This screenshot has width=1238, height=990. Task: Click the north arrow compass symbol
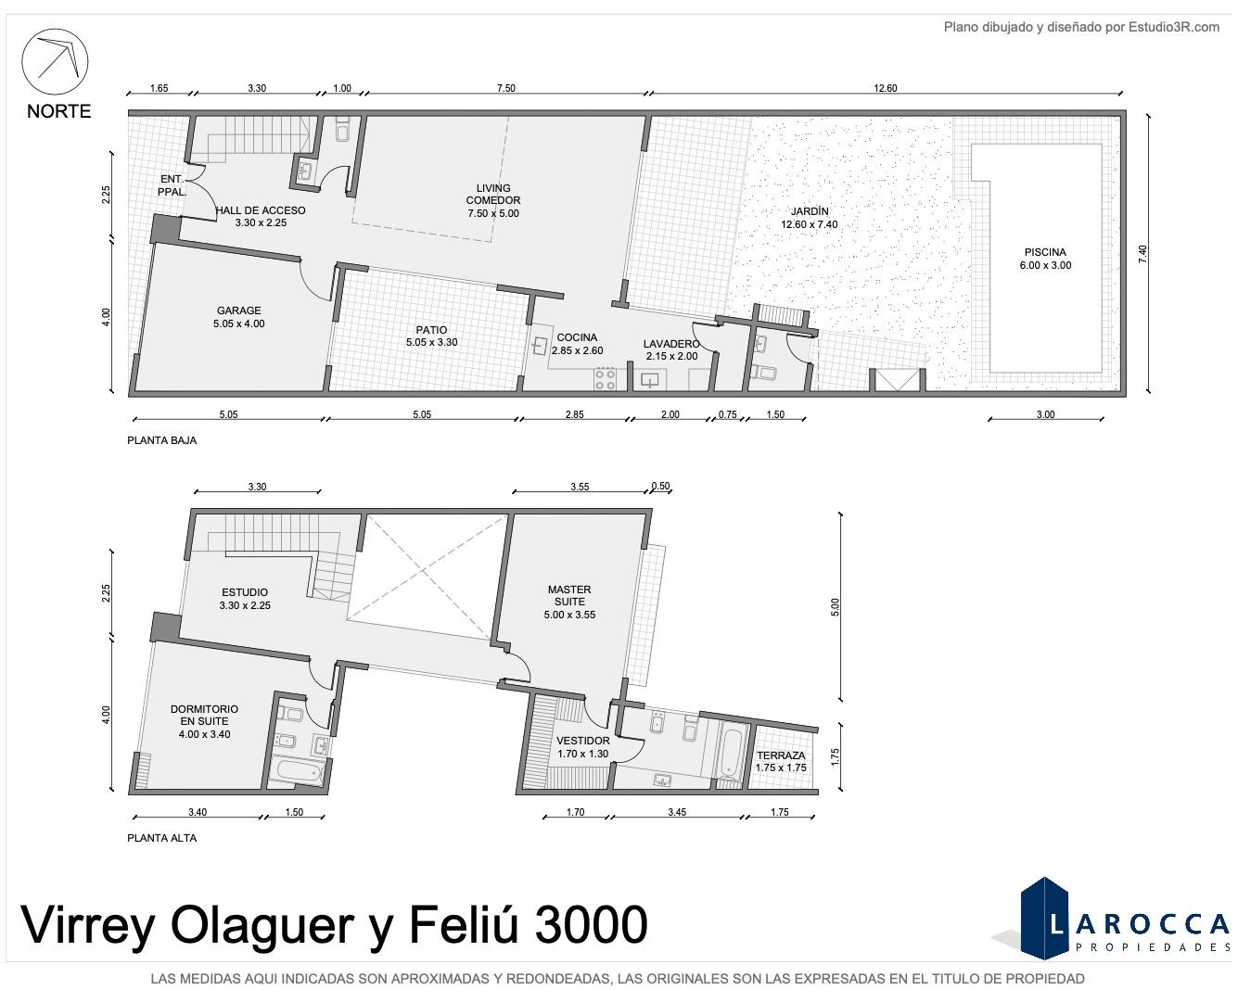[x=55, y=61]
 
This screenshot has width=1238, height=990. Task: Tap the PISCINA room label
[x=1045, y=252]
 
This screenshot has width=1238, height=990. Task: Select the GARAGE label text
[x=238, y=311]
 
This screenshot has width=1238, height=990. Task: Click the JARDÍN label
[x=810, y=211]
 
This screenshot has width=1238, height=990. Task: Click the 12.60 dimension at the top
[x=886, y=88]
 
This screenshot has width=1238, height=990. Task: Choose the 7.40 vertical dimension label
[x=1142, y=254]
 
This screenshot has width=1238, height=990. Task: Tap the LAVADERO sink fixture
[x=650, y=380]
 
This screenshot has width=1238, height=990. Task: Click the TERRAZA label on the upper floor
[x=781, y=755]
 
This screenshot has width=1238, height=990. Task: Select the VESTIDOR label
[x=582, y=741]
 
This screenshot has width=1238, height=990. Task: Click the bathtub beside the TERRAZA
[x=731, y=752]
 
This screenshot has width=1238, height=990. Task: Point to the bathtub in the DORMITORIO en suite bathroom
[x=298, y=772]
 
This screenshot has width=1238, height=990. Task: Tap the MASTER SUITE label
[x=569, y=595]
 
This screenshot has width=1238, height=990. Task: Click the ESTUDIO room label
[x=245, y=592]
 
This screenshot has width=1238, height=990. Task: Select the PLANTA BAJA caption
[x=161, y=440]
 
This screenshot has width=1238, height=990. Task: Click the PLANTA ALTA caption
[x=161, y=838]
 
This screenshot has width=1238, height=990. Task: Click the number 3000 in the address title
[x=591, y=925]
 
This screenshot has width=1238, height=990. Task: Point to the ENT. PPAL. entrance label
[x=172, y=185]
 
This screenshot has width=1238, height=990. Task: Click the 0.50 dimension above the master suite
[x=660, y=486]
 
